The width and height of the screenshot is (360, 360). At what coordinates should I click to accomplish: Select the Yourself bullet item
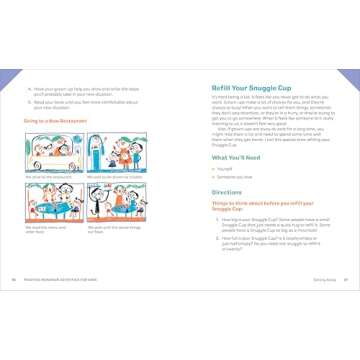[228, 172]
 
